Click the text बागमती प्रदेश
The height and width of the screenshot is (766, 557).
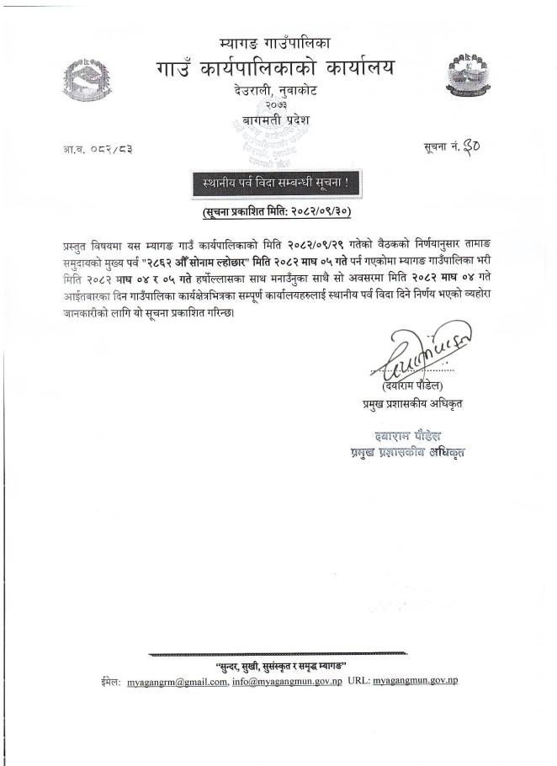click(x=270, y=120)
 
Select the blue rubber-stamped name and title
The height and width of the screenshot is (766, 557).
click(x=407, y=444)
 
